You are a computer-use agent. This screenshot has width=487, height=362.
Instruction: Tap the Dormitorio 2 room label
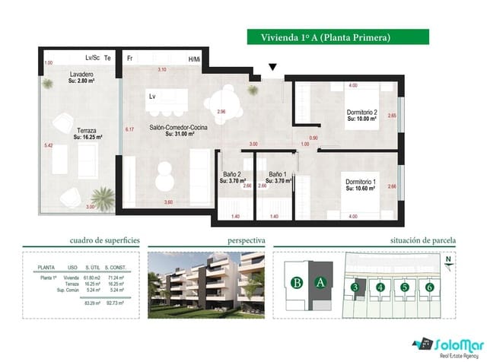click(x=361, y=114)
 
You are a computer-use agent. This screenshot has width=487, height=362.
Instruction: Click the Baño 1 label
click(x=277, y=176)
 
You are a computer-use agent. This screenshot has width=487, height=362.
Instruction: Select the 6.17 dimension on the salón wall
click(x=129, y=130)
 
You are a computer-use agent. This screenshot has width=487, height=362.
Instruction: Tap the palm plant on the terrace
click(x=98, y=195)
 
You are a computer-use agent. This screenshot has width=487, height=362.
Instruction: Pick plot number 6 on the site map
click(x=430, y=287)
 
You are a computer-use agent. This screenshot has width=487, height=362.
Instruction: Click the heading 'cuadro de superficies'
click(x=104, y=240)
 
